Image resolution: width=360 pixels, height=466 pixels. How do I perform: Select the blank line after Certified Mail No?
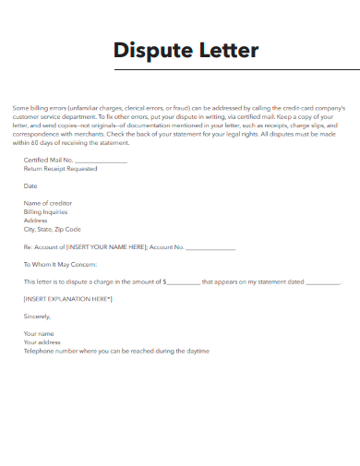coord(104,161)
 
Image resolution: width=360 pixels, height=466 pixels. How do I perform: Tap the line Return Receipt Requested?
coord(60,170)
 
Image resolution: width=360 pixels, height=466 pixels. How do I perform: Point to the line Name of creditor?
coord(48,203)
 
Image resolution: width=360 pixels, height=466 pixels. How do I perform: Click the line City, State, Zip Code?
coord(53,229)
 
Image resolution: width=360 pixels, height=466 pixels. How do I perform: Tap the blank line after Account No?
coord(210,247)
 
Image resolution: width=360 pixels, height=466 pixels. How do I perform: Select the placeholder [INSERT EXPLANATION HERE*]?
coord(67,299)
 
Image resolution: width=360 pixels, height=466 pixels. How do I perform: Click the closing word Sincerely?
coord(38,317)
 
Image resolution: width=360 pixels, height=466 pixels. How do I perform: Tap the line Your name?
coord(39,333)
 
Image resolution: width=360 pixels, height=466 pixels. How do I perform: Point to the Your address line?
coord(42,342)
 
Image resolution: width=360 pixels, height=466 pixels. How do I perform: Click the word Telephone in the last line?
coord(39,351)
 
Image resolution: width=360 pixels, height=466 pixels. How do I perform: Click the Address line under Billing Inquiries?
coord(36,221)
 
